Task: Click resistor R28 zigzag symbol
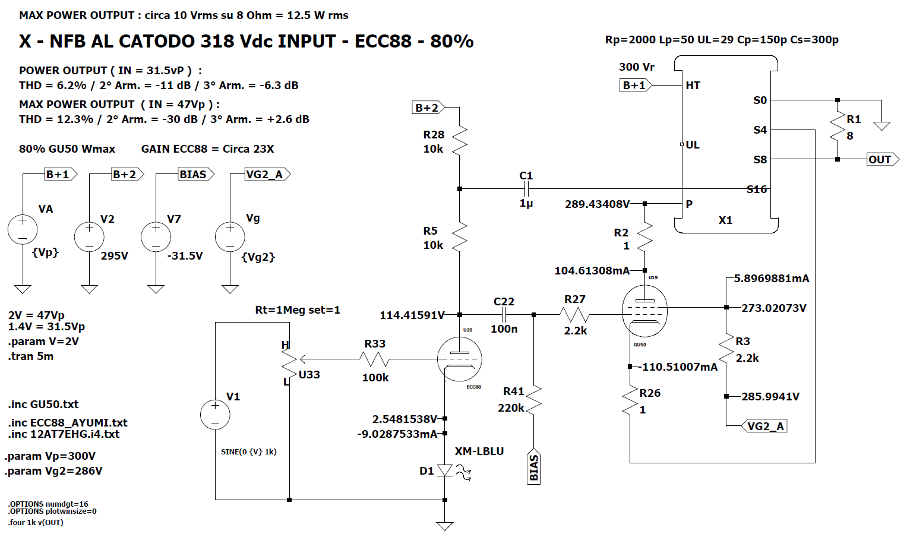click(x=460, y=141)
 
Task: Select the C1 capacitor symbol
click(x=526, y=189)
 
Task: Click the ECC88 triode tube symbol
click(x=459, y=359)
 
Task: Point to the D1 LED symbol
click(x=445, y=471)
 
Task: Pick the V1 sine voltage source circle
click(x=215, y=415)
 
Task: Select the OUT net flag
click(x=881, y=159)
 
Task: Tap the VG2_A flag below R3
click(x=765, y=426)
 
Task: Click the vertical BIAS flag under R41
click(x=533, y=467)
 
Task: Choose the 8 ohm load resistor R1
click(x=838, y=128)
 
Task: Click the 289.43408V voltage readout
click(x=597, y=204)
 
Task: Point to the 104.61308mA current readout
click(x=592, y=271)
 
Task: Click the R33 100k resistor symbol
click(x=375, y=359)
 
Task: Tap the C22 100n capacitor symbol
click(x=504, y=314)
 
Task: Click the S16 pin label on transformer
click(x=757, y=189)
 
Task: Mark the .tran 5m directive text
click(x=31, y=356)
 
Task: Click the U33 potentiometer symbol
click(x=290, y=359)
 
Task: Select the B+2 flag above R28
click(x=428, y=108)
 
